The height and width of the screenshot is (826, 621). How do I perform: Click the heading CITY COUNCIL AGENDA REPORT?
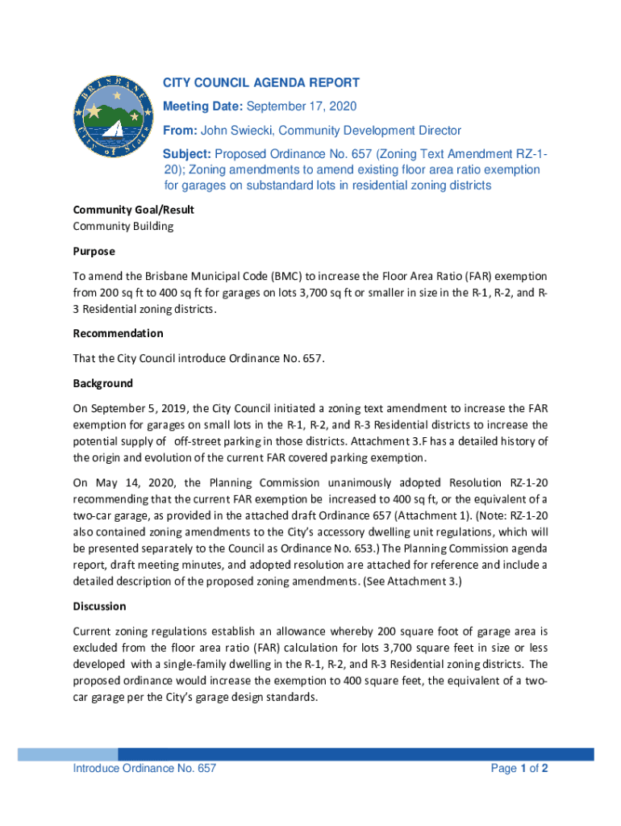(x=261, y=83)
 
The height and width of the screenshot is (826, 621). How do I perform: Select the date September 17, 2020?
(x=301, y=106)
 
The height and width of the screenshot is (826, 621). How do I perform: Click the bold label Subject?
(x=187, y=154)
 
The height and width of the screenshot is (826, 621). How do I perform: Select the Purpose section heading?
(x=94, y=251)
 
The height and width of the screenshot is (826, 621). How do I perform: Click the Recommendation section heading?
(x=118, y=333)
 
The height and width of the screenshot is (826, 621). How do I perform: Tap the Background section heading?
(x=103, y=383)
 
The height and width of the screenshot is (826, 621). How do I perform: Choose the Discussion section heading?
(x=100, y=606)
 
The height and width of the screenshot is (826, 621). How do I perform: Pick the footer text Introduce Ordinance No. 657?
(x=144, y=769)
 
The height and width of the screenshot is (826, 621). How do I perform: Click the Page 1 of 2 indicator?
(x=519, y=769)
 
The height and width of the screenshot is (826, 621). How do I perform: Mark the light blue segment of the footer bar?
(x=68, y=754)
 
